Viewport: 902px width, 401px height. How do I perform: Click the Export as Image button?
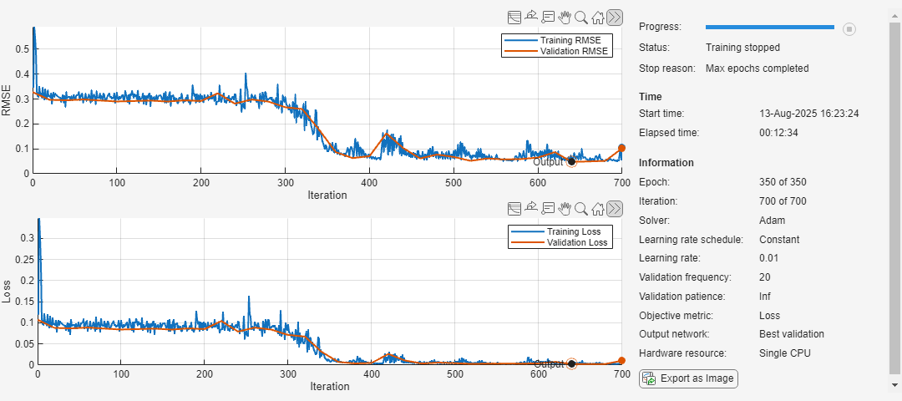click(688, 378)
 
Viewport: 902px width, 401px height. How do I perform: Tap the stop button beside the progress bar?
click(849, 29)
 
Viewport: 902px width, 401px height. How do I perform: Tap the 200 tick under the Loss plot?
click(205, 374)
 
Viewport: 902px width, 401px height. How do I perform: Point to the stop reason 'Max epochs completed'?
click(757, 69)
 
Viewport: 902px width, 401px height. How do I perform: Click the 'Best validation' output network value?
click(791, 335)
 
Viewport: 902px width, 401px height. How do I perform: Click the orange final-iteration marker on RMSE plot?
click(621, 149)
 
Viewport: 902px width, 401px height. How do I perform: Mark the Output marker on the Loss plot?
click(571, 363)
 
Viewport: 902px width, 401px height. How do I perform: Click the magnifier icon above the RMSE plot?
click(581, 17)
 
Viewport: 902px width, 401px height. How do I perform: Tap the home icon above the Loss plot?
click(598, 208)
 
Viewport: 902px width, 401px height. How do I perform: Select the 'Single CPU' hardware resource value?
click(784, 354)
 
